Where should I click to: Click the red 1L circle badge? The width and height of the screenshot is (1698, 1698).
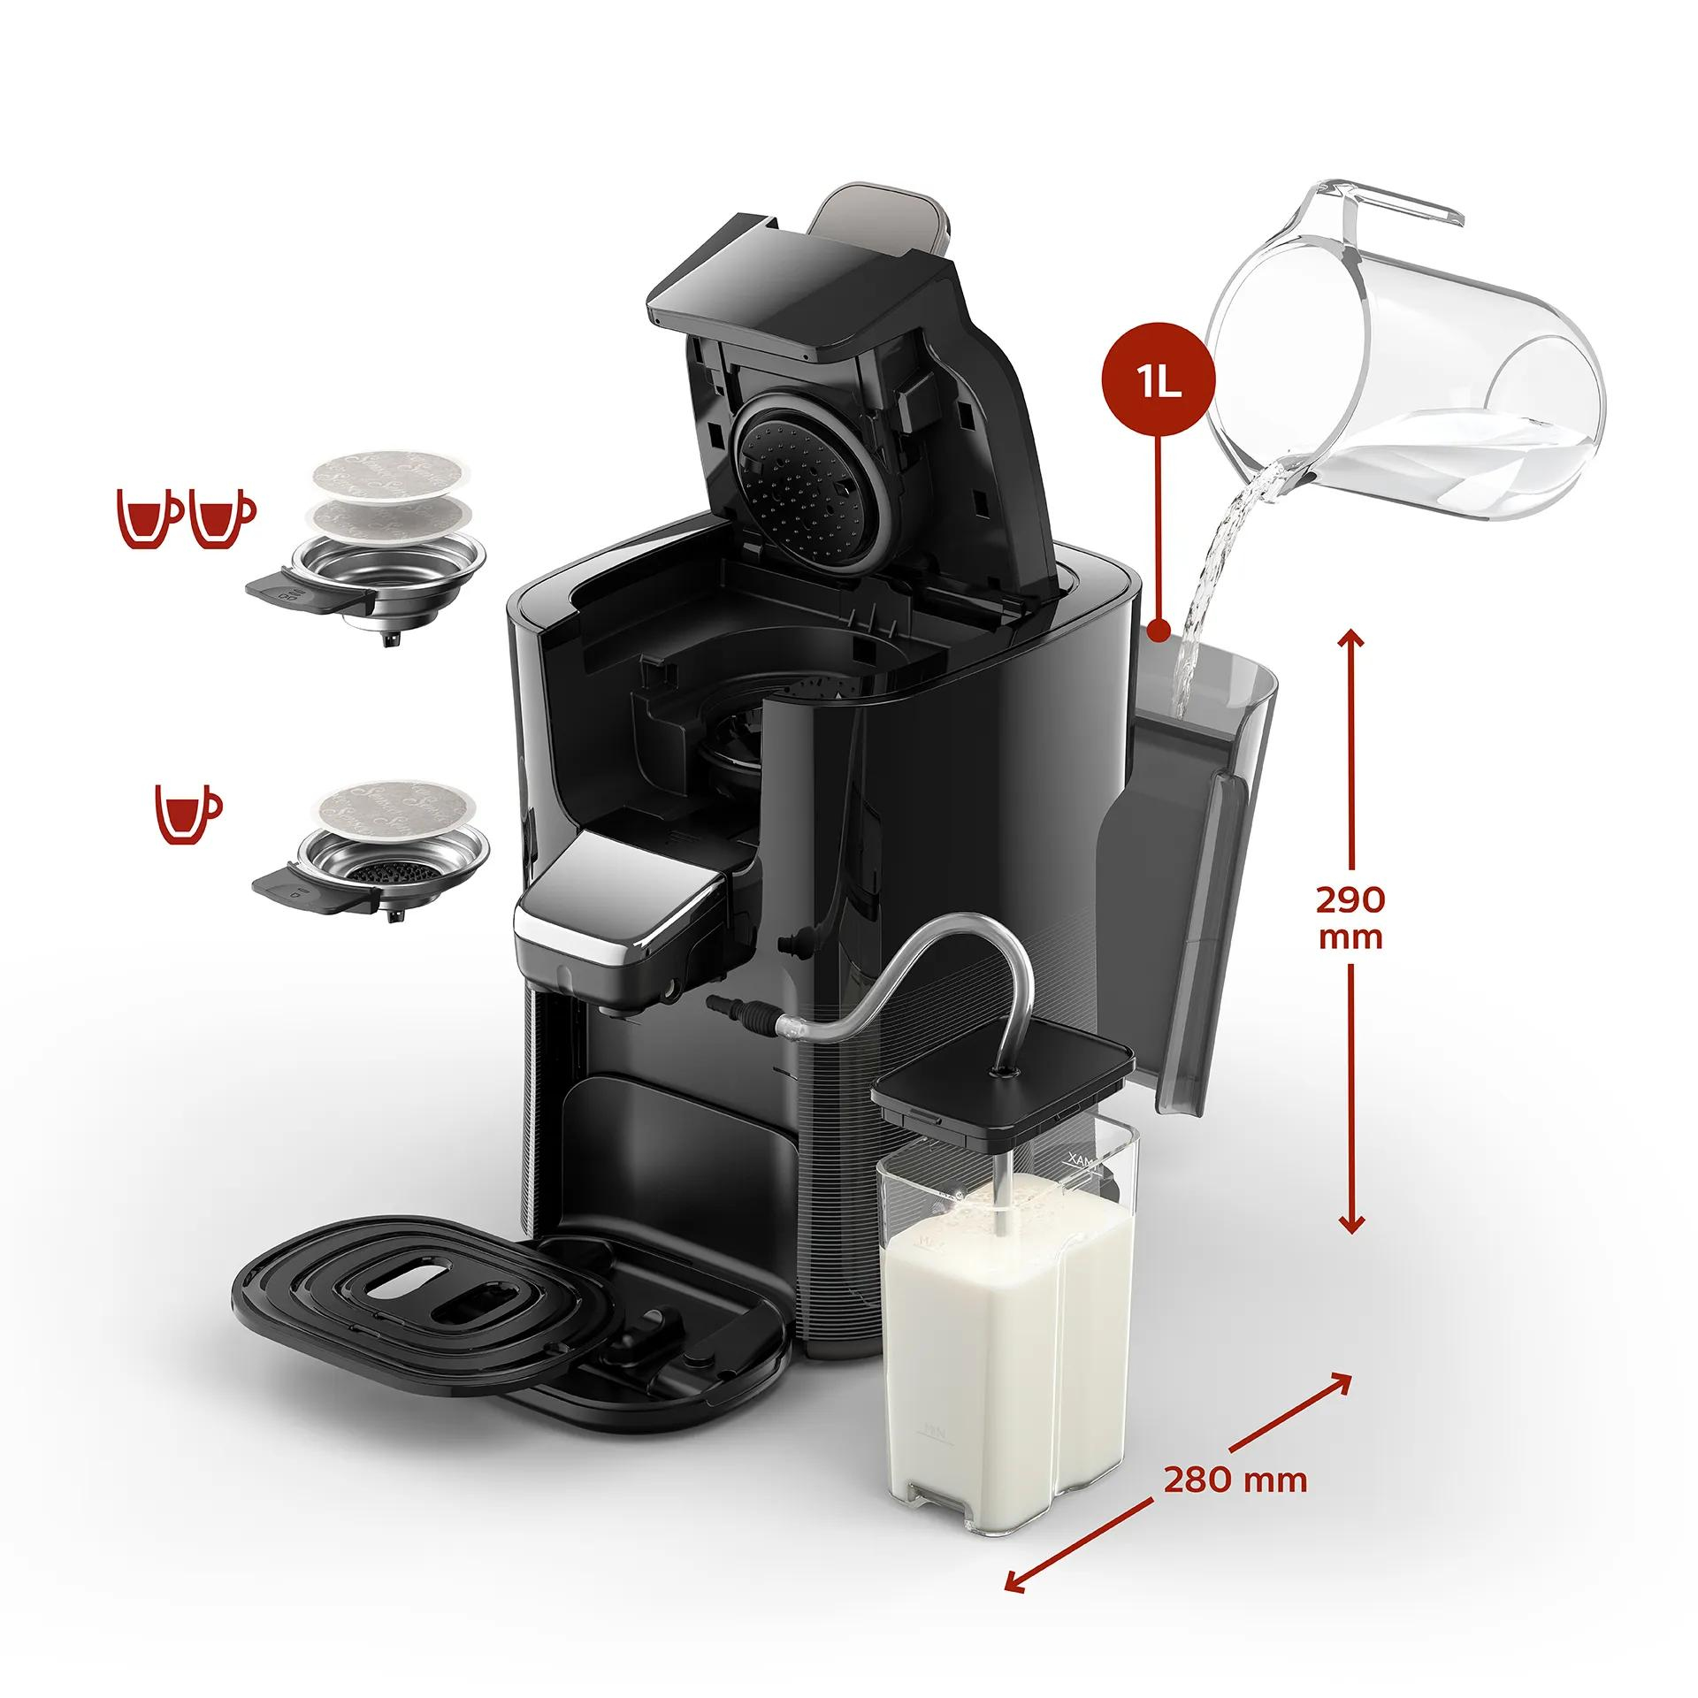coord(1158,386)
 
